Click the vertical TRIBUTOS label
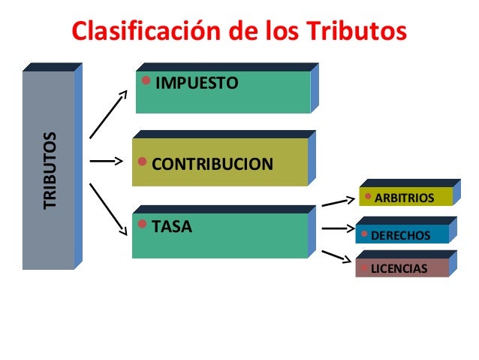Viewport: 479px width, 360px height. (x=50, y=171)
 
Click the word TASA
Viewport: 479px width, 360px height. (x=172, y=225)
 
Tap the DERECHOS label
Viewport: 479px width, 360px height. (x=402, y=235)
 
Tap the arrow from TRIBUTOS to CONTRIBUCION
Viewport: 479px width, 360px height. (x=105, y=160)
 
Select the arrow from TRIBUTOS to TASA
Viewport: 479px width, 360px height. (x=107, y=207)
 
